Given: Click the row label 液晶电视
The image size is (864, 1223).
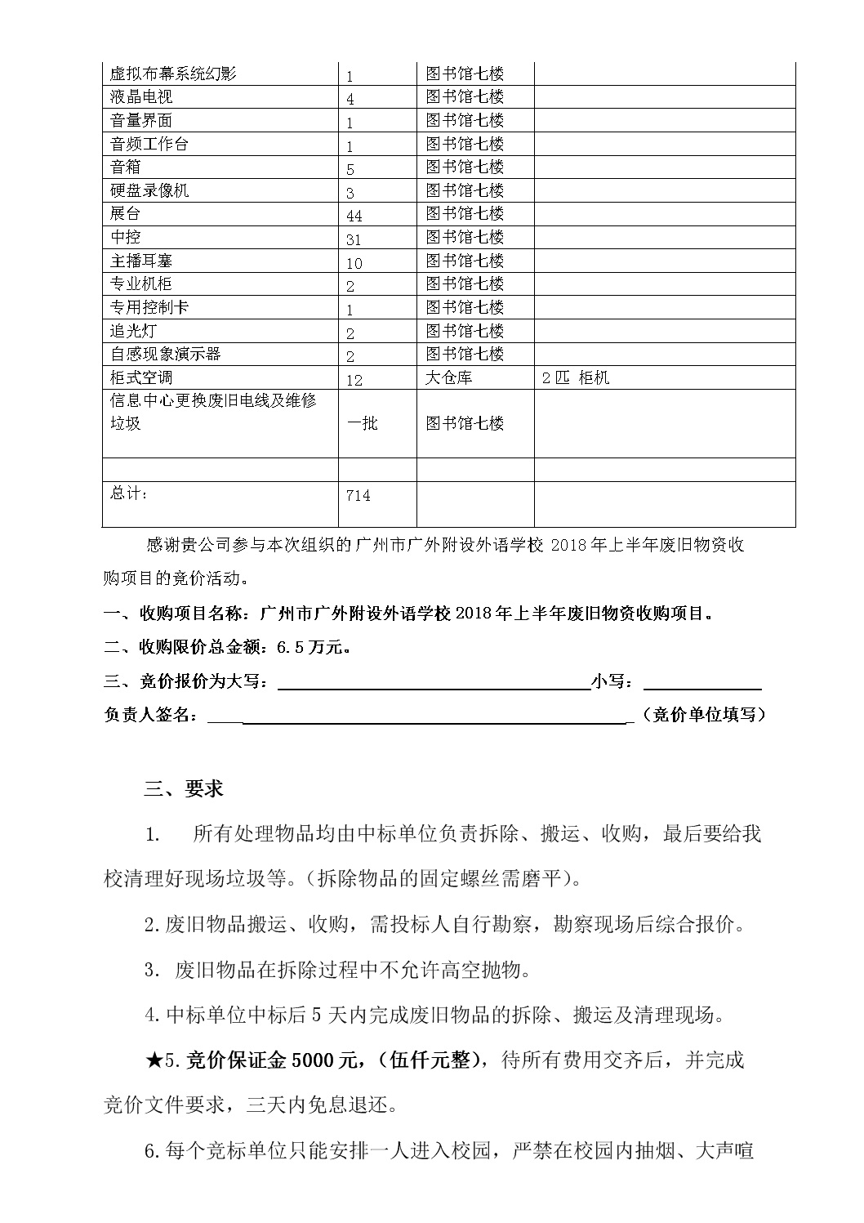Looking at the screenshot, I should pos(141,97).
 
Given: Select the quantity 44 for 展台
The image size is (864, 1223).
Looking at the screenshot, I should pos(354,216).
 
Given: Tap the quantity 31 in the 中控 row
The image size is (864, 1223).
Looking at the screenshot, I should pos(354,239).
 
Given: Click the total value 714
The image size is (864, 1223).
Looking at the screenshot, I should pos(359,496).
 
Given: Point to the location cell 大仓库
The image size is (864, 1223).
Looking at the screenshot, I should pos(448,377).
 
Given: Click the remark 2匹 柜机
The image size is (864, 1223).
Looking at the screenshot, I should pos(576,377).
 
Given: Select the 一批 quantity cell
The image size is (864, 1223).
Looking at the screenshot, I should pos(363,423).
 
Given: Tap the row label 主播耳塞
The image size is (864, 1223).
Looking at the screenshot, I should pos(141,261).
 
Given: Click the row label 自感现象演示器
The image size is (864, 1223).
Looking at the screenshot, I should pos(166,355).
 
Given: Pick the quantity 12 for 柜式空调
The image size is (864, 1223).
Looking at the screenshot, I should pos(354,380).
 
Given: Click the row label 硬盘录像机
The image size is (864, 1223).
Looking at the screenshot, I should pos(149,190).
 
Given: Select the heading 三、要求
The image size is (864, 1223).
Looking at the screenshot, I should pos(184,789).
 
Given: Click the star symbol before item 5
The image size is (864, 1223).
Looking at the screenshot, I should pos(154,1060).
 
